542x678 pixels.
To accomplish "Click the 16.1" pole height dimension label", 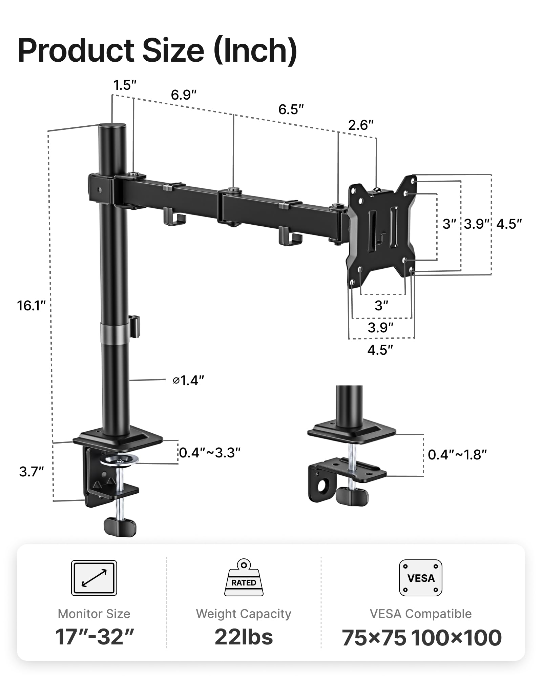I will [x=31, y=306].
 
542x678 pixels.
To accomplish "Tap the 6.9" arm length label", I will [x=184, y=95].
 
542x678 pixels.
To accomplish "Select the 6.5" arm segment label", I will [x=291, y=109].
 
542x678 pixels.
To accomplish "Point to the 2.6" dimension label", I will [x=361, y=125].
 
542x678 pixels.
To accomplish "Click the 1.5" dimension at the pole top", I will [x=125, y=85].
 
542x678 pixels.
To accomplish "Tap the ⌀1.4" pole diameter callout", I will [x=188, y=381].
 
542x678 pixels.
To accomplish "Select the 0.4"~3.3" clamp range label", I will [x=210, y=453].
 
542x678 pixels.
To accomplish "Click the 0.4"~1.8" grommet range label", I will [x=457, y=455].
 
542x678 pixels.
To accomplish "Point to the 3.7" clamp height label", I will [x=31, y=472].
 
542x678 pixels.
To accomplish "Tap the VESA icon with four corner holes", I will [x=420, y=578].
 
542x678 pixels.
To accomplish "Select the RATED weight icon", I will [x=244, y=578].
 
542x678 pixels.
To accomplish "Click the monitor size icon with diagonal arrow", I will [x=94, y=578].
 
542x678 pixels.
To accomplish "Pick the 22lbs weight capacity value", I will [x=244, y=637].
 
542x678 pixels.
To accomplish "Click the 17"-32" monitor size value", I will [x=94, y=637].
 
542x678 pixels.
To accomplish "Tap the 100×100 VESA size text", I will [x=456, y=638].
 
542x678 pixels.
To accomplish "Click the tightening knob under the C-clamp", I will [x=120, y=527].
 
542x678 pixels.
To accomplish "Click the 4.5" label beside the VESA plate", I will [x=509, y=224].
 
